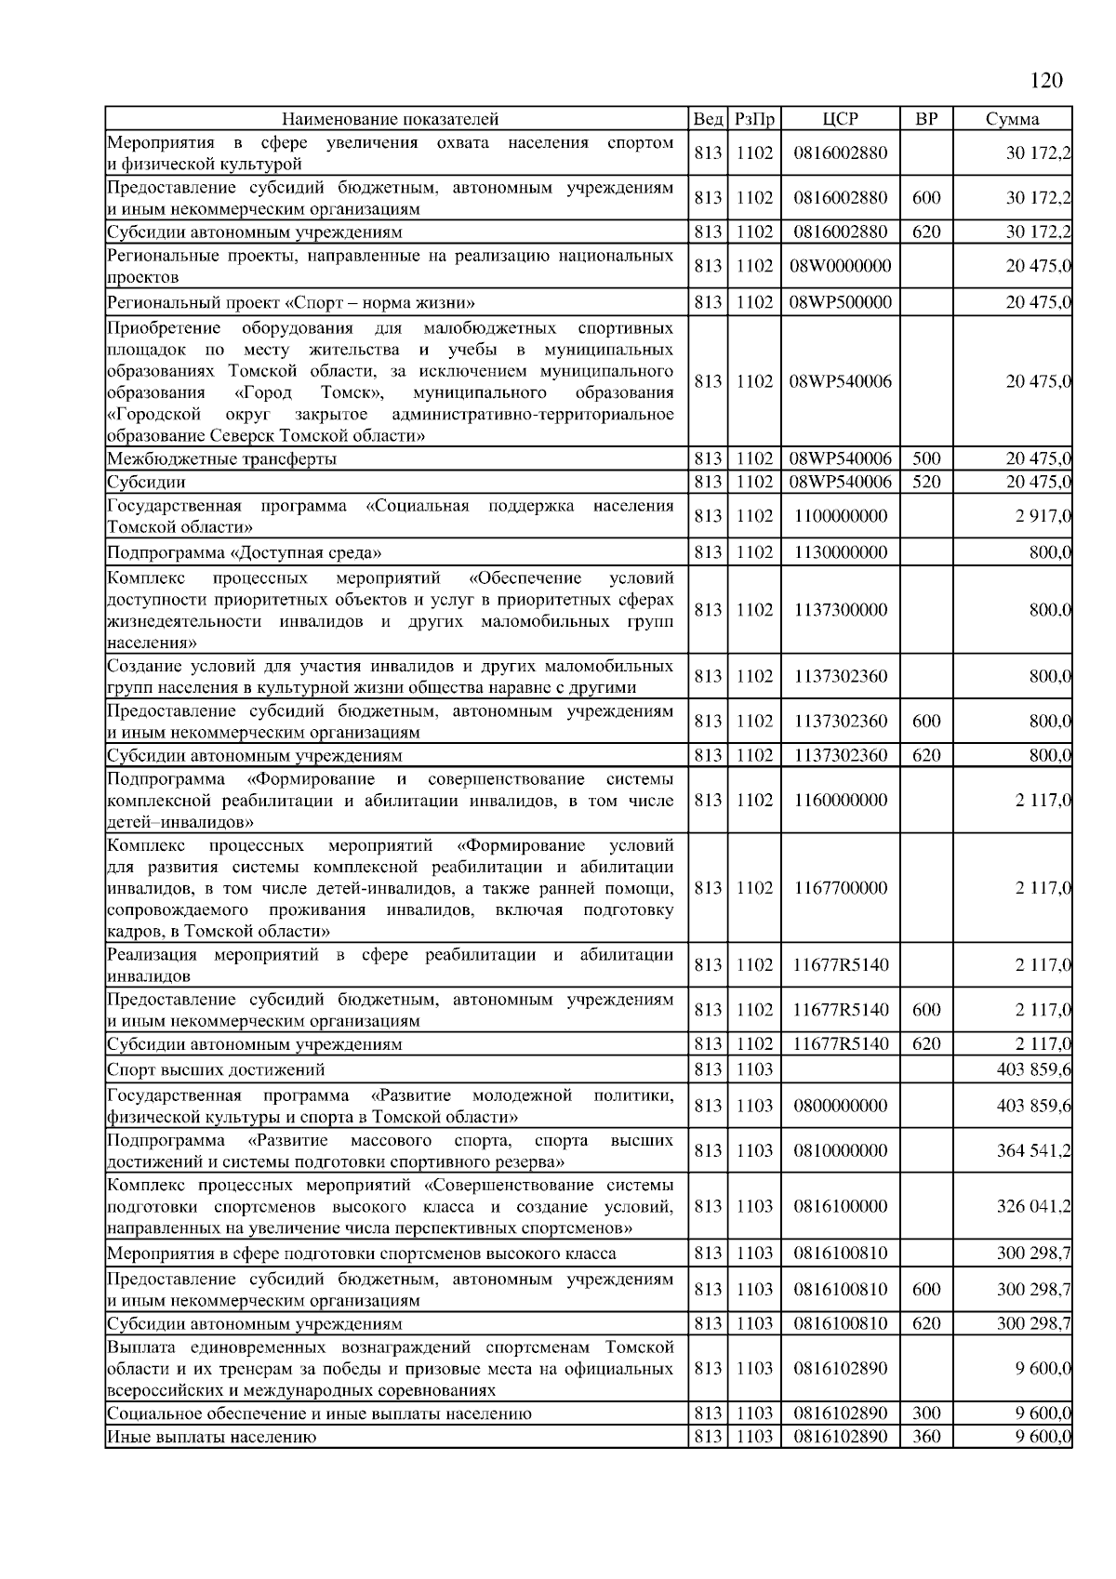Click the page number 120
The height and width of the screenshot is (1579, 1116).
coord(1046,81)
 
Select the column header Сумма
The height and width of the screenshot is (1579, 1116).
coord(1013,119)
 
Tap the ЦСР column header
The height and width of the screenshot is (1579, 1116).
coord(841,119)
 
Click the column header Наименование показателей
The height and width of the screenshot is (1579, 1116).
coord(391,119)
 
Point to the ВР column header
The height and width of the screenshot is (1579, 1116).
coord(926,119)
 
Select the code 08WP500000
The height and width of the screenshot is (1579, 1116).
coord(841,302)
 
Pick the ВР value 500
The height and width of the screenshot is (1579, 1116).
coord(926,458)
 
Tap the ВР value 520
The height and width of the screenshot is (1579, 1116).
coord(926,482)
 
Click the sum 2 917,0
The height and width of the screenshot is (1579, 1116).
coord(1043,516)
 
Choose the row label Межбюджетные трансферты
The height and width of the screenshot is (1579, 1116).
coord(222,458)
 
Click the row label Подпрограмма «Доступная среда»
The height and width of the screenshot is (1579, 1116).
coord(245,552)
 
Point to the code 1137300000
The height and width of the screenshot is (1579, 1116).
coord(841,610)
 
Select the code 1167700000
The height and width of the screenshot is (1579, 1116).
coord(841,888)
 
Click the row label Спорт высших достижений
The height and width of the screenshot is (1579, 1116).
coord(217,1069)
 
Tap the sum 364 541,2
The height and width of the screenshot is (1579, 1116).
coord(1034,1151)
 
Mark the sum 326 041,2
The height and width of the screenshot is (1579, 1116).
coord(1034,1207)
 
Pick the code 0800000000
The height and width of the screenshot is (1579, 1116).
coord(841,1106)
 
